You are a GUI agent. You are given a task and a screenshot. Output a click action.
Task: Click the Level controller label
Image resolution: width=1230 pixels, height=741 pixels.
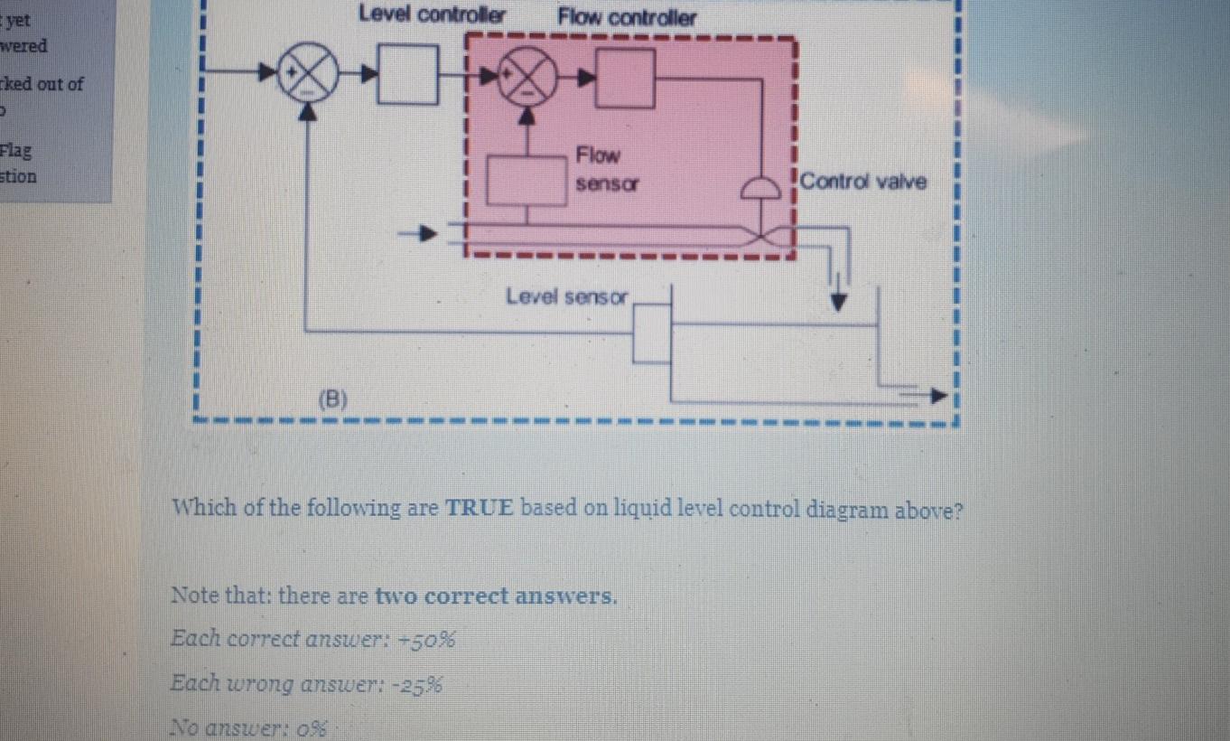[x=433, y=15]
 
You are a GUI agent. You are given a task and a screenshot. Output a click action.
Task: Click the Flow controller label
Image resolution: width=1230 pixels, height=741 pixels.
[x=627, y=17]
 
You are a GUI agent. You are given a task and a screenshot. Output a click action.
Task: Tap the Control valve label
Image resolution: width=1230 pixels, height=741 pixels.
[x=862, y=181]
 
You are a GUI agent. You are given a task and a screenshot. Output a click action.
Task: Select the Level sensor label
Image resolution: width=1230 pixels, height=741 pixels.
[x=566, y=296]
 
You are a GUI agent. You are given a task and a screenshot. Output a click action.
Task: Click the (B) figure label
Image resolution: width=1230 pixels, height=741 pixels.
[x=333, y=399]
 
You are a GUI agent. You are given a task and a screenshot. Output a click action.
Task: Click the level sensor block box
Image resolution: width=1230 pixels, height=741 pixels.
[x=652, y=333]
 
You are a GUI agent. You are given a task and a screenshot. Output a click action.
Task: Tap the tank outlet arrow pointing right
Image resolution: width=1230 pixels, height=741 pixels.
[x=939, y=395]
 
